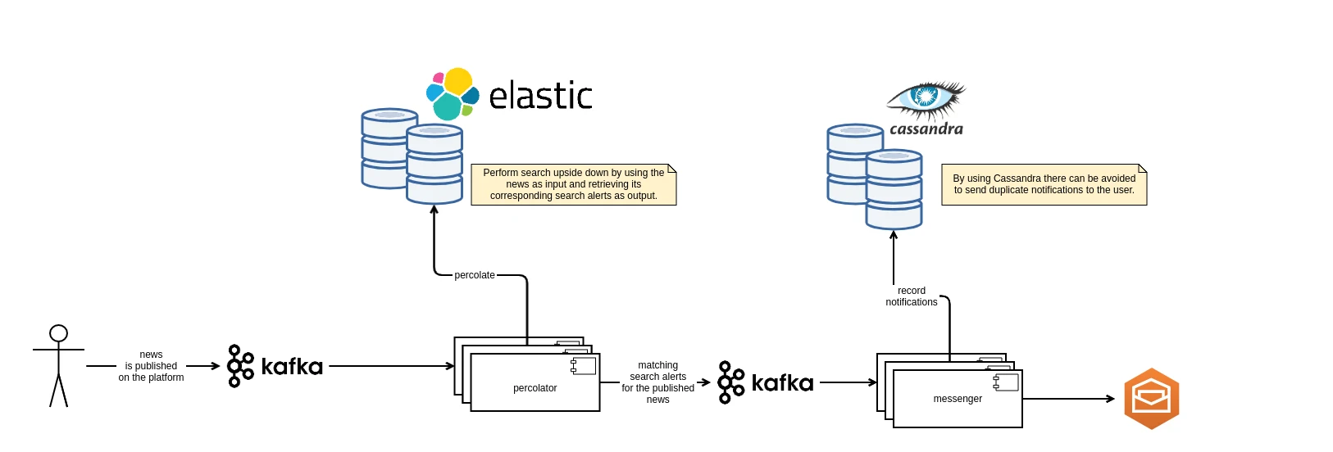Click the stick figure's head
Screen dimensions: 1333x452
(58, 333)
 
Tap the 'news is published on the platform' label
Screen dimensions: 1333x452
(151, 366)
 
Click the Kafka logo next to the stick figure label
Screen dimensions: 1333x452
(275, 366)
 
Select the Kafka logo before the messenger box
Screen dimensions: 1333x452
(765, 382)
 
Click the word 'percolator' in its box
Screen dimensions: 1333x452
(535, 388)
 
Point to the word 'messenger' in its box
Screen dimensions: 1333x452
(958, 399)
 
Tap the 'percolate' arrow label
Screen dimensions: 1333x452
(475, 275)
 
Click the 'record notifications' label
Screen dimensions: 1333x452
(911, 296)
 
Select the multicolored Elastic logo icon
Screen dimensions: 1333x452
(453, 94)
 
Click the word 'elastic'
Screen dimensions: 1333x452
(540, 95)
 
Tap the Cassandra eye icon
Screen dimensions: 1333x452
(926, 99)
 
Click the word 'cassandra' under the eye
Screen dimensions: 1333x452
(926, 129)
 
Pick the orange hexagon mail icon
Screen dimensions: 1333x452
(1152, 399)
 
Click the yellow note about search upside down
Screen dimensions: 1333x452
(574, 184)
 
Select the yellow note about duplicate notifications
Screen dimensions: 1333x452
(1044, 184)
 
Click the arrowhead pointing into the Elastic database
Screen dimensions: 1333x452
(434, 210)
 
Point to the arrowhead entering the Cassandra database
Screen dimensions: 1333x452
(894, 236)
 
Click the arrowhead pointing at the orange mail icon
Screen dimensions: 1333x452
(1111, 399)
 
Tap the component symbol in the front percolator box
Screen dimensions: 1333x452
(583, 366)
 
